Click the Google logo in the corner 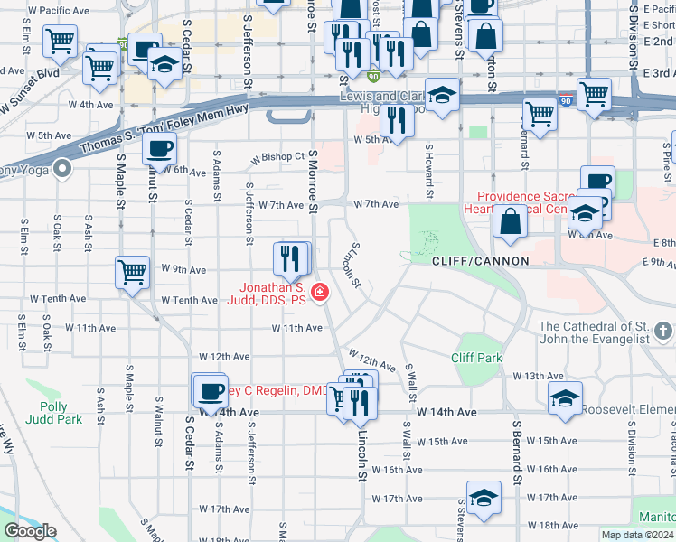[31, 531]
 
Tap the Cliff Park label [476, 358]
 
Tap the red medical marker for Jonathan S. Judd [319, 292]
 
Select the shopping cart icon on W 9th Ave [133, 271]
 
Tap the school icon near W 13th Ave [565, 397]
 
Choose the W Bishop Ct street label [278, 157]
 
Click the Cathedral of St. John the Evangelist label [606, 332]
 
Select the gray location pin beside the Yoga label [61, 167]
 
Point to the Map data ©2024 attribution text [636, 535]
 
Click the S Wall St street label [409, 383]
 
